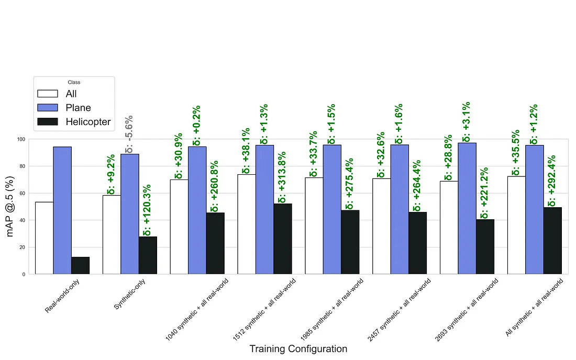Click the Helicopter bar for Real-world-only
point(80,265)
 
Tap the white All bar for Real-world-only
point(45,238)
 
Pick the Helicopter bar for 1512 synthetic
point(283,239)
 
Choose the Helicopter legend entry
point(88,122)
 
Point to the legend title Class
point(74,82)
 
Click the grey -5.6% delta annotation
point(129,133)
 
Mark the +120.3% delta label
point(148,210)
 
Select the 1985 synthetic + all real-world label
point(333,309)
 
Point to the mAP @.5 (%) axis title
point(12,206)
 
